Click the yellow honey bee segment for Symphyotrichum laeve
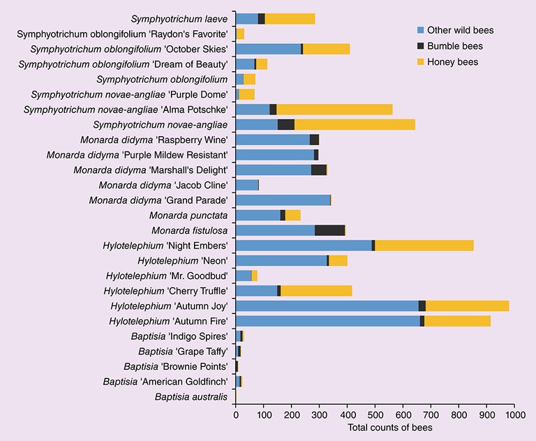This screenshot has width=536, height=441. [x=290, y=19]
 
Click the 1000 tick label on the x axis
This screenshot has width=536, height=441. [x=514, y=414]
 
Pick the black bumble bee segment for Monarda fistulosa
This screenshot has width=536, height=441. [x=329, y=230]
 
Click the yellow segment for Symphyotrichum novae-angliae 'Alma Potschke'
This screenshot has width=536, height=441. [x=334, y=110]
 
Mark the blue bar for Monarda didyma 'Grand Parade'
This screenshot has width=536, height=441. [x=283, y=200]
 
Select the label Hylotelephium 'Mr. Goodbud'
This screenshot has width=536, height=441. [x=167, y=276]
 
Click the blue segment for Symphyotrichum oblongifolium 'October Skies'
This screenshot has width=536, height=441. [x=268, y=49]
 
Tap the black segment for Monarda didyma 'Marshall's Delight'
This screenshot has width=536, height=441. [x=318, y=170]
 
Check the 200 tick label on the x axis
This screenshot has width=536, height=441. [x=292, y=414]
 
